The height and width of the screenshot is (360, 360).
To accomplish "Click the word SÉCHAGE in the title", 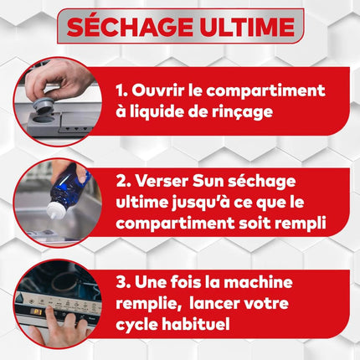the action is point(130,26).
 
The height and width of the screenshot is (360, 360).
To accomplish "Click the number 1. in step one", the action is point(121,90).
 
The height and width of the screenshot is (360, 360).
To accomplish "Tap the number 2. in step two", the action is point(123,182).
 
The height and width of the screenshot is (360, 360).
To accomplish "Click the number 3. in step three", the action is point(123,283).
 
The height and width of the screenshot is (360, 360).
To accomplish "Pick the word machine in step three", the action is point(258,282).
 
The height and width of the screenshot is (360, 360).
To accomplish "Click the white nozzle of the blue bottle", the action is point(53,210).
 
